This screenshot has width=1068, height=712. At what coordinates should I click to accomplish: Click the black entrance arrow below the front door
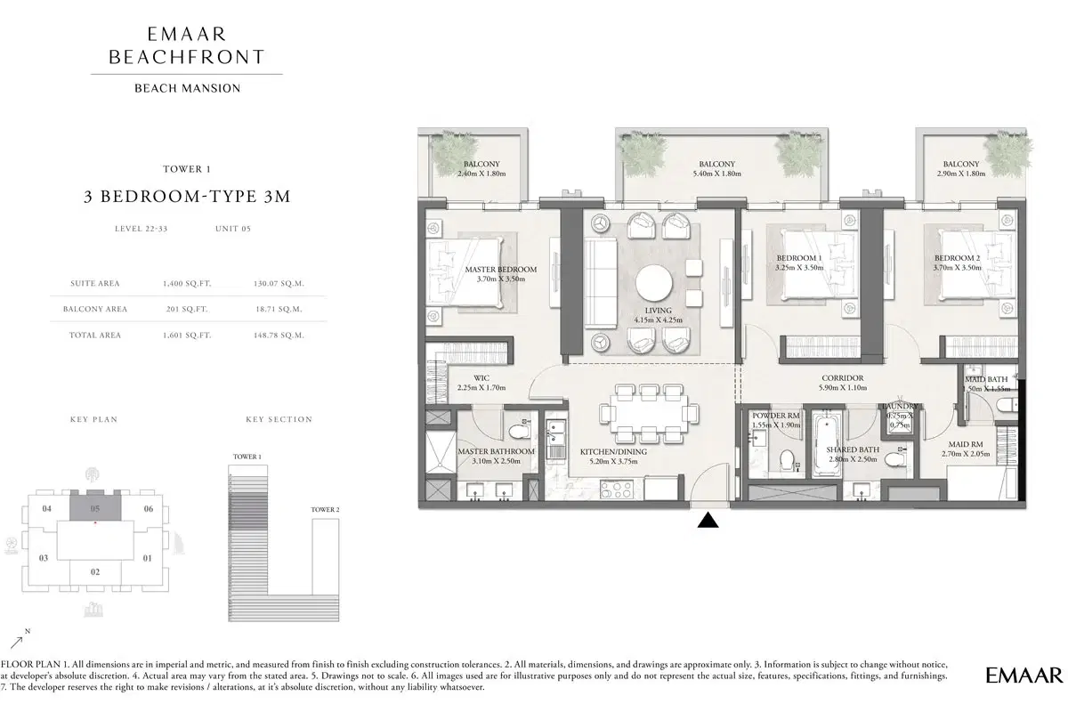point(708,521)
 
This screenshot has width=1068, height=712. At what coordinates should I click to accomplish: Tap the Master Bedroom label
point(501,269)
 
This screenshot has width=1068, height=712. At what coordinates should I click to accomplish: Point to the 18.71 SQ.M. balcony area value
point(279,309)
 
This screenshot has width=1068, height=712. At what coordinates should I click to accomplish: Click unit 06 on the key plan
point(148,509)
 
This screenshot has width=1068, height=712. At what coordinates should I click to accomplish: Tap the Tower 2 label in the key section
point(325,510)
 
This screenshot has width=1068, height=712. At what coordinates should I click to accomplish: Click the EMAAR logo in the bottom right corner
point(1023,675)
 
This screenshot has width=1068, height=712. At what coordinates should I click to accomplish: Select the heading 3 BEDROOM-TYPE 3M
point(187,198)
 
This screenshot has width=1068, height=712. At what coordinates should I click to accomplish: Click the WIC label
point(481,377)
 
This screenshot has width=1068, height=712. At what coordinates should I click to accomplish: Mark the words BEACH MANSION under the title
point(187,87)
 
